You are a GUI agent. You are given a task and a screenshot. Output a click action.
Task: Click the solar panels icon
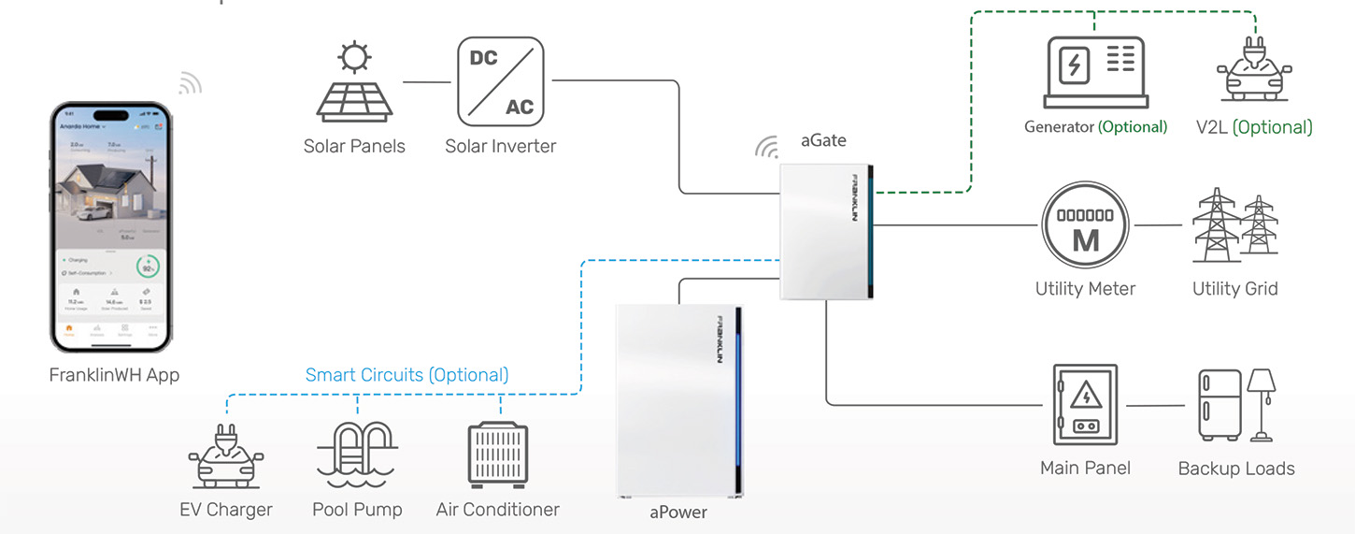pyautogui.click(x=354, y=88)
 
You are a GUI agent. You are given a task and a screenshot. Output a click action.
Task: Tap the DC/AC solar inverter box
pyautogui.click(x=500, y=81)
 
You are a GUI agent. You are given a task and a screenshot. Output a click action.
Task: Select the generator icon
pyautogui.click(x=1094, y=73)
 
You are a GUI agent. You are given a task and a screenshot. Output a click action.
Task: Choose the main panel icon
pyautogui.click(x=1084, y=405)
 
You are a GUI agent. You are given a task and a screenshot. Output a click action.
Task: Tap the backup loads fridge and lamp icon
pyautogui.click(x=1236, y=405)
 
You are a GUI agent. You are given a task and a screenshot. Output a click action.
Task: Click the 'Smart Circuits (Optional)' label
pyautogui.click(x=406, y=375)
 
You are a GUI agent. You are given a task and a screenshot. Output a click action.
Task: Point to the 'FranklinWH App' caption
pyautogui.click(x=114, y=375)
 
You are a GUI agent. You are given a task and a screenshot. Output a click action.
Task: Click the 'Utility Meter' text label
pyautogui.click(x=1085, y=289)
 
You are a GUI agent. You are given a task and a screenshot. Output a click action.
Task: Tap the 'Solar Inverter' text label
pyautogui.click(x=500, y=146)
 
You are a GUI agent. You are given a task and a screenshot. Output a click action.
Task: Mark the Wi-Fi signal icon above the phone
pyautogui.click(x=190, y=84)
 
